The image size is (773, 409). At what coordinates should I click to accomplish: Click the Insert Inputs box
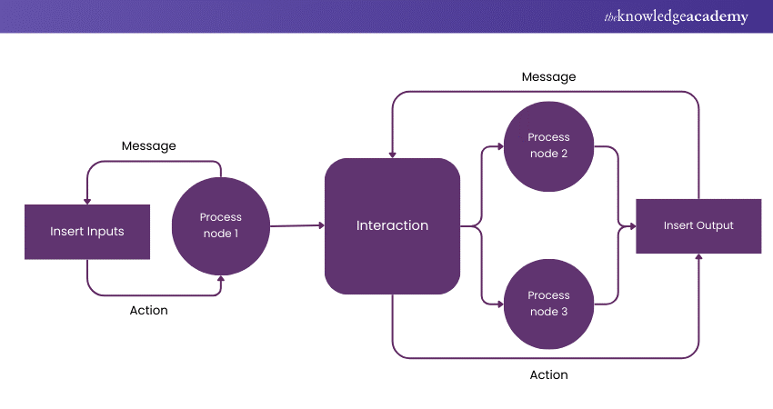[x=86, y=231]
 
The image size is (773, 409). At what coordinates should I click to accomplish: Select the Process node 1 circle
[x=220, y=225]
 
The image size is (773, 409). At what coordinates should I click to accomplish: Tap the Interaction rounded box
[x=392, y=225]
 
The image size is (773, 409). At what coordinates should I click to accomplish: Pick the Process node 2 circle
[x=548, y=145]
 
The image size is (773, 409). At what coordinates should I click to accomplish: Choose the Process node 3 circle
[x=548, y=304]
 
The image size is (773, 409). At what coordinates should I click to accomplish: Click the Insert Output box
[x=698, y=225]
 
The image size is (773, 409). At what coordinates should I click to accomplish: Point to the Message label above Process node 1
[x=148, y=145]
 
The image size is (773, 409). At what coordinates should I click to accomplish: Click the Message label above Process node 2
[x=548, y=77]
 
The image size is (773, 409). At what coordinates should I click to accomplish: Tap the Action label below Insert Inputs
[x=148, y=311]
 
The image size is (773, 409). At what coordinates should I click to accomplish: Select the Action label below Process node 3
[x=548, y=374]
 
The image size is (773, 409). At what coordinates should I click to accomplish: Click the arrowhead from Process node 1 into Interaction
[x=320, y=224]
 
